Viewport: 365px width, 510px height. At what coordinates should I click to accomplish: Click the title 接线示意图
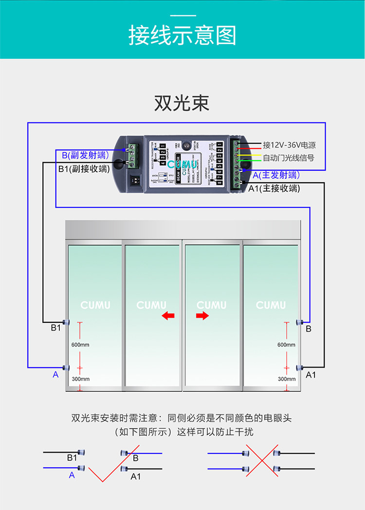(x=182, y=35)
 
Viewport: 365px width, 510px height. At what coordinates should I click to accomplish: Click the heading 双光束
(x=182, y=103)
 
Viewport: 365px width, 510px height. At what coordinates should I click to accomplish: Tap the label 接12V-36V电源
(x=289, y=145)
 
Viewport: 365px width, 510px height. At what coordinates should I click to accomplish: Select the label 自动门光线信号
(x=288, y=158)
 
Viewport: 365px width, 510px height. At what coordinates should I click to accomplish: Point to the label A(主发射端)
(x=276, y=175)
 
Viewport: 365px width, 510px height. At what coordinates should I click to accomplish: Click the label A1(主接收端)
(x=274, y=188)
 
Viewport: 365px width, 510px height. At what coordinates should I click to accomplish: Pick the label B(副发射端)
(x=85, y=156)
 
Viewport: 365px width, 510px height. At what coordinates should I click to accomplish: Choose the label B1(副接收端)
(x=84, y=169)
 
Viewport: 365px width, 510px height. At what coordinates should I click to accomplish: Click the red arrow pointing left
(x=168, y=316)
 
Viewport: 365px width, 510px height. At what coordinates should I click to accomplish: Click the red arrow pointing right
(x=202, y=316)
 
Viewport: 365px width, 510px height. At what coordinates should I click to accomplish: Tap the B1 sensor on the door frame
(x=67, y=322)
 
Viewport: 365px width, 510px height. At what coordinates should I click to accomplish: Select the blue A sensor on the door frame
(x=67, y=368)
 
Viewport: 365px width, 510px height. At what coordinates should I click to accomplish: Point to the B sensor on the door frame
(x=300, y=322)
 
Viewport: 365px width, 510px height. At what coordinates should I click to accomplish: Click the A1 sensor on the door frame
(x=300, y=368)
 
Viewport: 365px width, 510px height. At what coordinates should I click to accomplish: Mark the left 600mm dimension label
(x=81, y=345)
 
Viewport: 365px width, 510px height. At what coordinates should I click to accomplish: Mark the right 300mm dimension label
(x=286, y=379)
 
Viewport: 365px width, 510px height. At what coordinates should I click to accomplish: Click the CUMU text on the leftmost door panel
(x=95, y=305)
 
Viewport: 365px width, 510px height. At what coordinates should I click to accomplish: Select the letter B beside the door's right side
(x=309, y=329)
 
